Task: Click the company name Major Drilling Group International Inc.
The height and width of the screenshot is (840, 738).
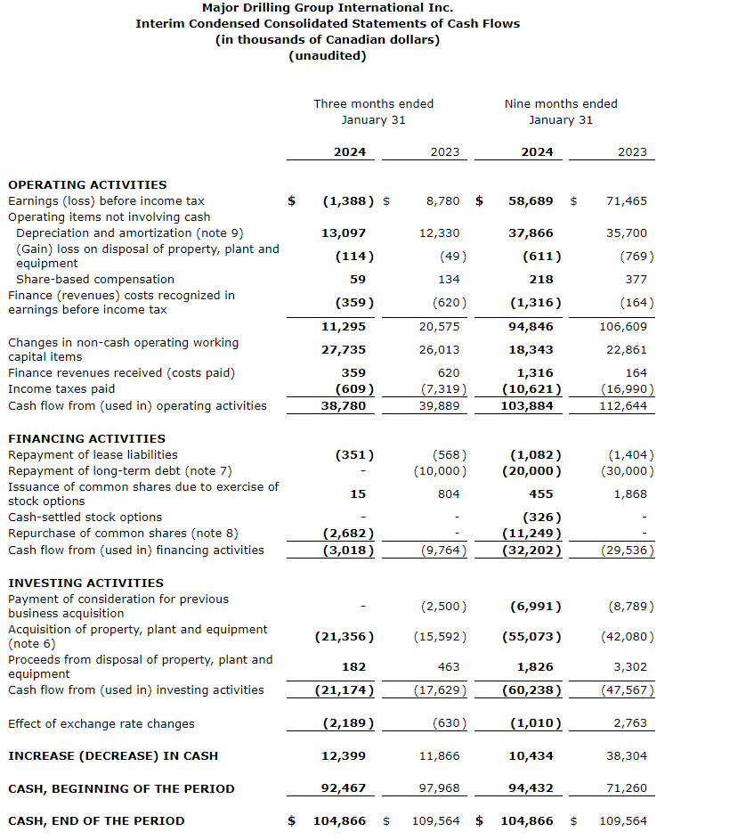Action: [x=327, y=7]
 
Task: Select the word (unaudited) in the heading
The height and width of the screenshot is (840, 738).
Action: [x=327, y=55]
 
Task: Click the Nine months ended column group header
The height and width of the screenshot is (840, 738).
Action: [x=560, y=104]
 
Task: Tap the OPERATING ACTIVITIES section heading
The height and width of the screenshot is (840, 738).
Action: [x=87, y=184]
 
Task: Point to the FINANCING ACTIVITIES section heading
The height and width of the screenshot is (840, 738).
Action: [x=86, y=438]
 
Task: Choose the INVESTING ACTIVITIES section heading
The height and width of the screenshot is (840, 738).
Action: [x=85, y=583]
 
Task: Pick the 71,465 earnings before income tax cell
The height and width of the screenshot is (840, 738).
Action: [x=627, y=201]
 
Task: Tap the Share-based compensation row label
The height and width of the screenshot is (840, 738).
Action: [x=95, y=280]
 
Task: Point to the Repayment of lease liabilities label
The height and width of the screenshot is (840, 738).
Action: [x=93, y=454]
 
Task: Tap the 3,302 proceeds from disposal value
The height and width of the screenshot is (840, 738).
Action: [x=630, y=667]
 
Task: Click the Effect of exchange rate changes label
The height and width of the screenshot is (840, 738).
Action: [x=101, y=723]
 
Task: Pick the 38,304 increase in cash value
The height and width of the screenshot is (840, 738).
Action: [x=627, y=756]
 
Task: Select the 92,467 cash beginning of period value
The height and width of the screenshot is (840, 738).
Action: [x=344, y=788]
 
